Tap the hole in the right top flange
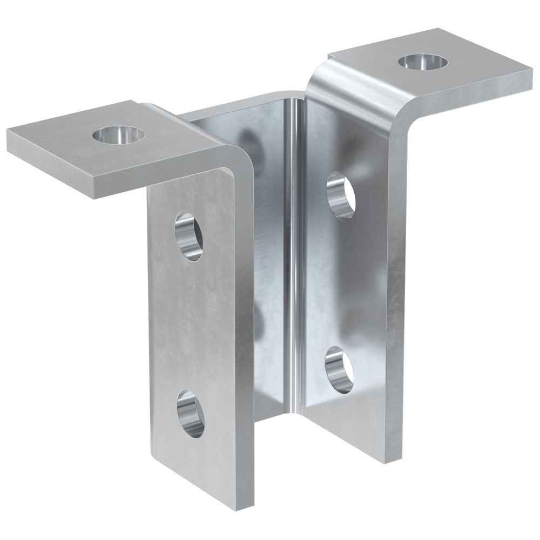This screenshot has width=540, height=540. [423, 61]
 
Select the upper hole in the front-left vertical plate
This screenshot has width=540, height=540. [189, 237]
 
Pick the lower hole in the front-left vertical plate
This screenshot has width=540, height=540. [191, 414]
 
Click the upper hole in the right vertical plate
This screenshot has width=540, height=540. [341, 195]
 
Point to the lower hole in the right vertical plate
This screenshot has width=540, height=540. [339, 370]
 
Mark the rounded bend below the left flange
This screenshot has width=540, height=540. [238, 162]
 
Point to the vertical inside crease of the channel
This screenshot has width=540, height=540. [292, 243]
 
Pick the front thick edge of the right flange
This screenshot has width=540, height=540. [470, 109]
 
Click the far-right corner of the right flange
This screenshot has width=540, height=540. [531, 81]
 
